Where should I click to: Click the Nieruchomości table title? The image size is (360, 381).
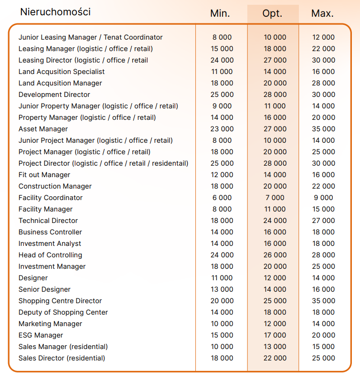coord(55,12)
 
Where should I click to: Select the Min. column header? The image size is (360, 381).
coord(220,13)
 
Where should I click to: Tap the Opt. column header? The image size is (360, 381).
coord(273,13)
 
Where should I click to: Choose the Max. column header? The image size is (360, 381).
coord(322,13)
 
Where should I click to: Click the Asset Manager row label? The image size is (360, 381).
coord(43,129)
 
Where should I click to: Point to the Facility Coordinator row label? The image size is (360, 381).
coord(51,198)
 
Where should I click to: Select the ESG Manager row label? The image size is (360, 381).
coord(41,335)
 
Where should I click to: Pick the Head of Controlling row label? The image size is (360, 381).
coord(50,255)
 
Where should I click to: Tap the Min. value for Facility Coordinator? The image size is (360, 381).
coord(222,198)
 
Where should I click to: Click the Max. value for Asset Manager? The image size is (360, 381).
coord(323,129)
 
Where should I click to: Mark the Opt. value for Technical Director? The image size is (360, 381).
coord(275,221)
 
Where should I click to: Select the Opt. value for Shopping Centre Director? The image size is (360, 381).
coord(275,301)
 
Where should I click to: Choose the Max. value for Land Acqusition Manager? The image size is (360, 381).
coord(323,83)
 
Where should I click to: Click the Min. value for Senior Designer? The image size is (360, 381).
coord(222,289)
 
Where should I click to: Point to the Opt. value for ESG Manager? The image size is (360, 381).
coord(275,335)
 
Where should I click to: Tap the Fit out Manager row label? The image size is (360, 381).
coord(44,175)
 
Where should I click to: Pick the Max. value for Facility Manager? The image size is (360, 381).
coord(323,209)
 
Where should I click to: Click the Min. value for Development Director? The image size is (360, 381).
coord(222,95)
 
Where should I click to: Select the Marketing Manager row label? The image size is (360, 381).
coord(50,324)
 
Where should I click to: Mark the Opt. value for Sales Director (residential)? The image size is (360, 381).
coord(275,358)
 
